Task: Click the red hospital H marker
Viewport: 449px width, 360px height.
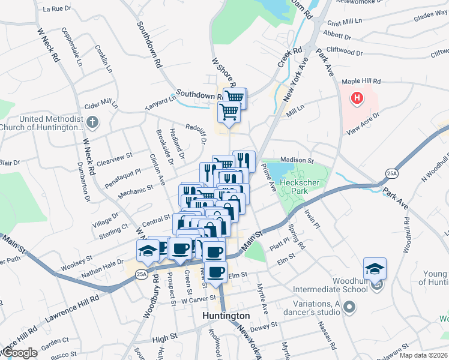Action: pos(358,97)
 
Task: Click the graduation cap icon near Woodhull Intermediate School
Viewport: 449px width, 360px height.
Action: pos(375,268)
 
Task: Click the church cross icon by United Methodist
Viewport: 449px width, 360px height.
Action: pos(91,122)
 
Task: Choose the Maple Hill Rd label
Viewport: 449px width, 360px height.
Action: pos(361,81)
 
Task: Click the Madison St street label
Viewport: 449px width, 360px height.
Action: pos(297,161)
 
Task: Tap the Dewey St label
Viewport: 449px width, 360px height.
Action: pos(265,326)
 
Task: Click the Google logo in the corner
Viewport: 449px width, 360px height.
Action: pos(19,353)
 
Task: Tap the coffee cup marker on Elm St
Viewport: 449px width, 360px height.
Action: pos(215,271)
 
